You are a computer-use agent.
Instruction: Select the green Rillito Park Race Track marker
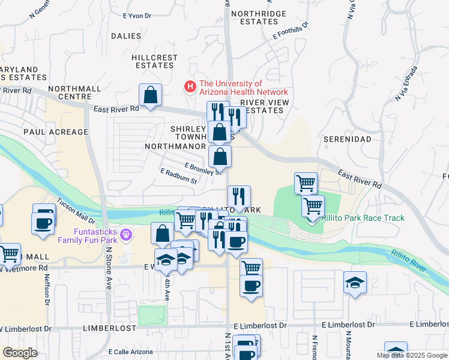pos(311,218)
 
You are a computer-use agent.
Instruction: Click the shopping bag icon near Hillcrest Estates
pos(150,94)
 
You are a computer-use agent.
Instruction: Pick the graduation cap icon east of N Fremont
pos(355,283)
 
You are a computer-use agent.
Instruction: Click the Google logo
pos(20,353)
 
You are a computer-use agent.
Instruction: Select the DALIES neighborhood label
pos(126,36)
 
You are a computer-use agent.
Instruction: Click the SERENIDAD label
pos(348,139)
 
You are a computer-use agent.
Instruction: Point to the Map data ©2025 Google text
pos(411,355)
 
